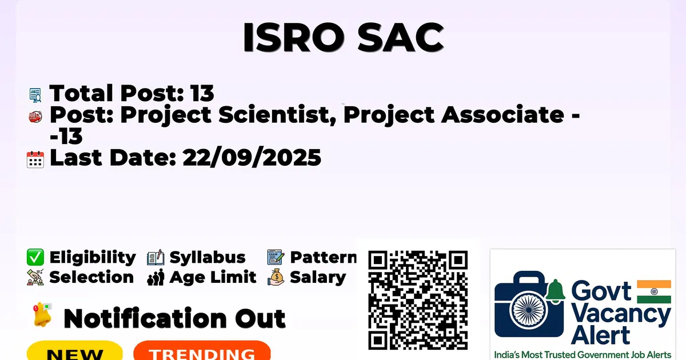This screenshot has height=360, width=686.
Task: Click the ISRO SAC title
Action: coord(344,37)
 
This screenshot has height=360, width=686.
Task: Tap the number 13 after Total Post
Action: coord(202,93)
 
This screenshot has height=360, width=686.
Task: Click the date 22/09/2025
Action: coord(252,158)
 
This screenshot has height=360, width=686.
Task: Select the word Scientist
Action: coord(277,115)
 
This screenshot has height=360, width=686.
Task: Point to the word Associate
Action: coord(502,114)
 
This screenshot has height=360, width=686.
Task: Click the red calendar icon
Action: coord(35,159)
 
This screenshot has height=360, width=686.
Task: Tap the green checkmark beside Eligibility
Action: coord(35,257)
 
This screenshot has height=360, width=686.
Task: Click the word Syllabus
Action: coord(208,258)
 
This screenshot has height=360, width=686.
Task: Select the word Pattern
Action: coord(323,257)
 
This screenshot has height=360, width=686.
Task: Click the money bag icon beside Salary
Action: coord(276,277)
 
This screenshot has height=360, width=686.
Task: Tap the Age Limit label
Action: coord(213,277)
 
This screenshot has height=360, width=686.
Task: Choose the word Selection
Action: coord(91,277)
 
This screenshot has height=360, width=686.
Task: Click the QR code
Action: coord(418,300)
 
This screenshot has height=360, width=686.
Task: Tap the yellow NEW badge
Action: coord(75,351)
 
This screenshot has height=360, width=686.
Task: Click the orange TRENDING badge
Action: coord(202,351)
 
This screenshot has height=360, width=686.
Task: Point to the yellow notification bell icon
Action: coord(42,315)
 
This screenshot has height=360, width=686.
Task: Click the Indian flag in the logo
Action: coord(654,292)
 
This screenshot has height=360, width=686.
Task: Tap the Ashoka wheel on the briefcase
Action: coord(529,310)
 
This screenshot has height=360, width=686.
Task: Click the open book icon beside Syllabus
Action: coord(155,258)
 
